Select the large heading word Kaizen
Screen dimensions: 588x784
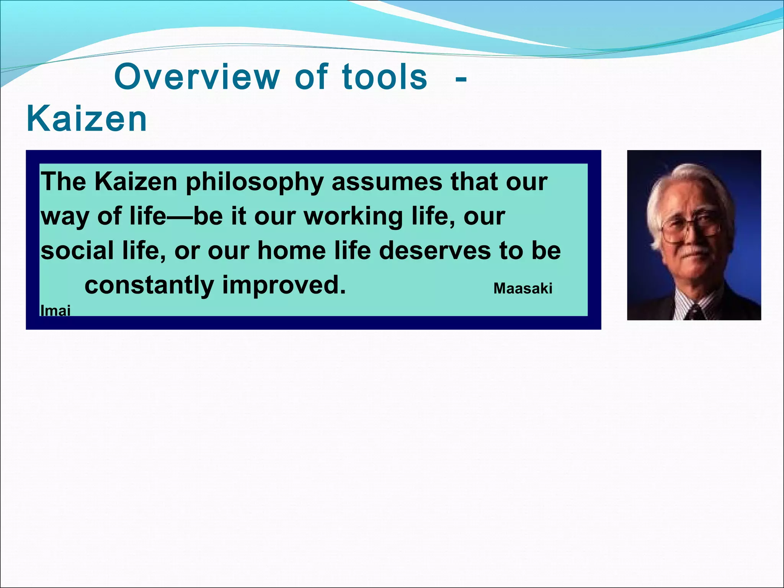coord(87,119)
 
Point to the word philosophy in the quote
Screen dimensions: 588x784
coord(255,182)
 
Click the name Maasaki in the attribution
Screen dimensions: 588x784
coord(523,288)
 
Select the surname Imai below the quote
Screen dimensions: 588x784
coord(56,310)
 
